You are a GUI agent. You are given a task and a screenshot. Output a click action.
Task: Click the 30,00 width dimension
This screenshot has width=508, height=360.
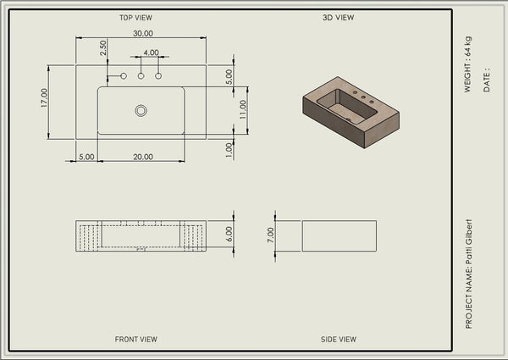[143, 33]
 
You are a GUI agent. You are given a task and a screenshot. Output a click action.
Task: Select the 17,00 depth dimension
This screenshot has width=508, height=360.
[44, 98]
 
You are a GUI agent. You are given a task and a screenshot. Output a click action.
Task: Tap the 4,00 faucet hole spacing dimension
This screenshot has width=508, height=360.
[151, 53]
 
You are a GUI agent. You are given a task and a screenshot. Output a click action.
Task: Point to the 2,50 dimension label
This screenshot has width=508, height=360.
[103, 47]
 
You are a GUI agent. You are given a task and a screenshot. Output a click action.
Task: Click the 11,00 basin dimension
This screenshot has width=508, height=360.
[243, 109]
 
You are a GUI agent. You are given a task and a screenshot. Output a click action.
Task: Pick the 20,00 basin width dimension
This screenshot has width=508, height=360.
[143, 157]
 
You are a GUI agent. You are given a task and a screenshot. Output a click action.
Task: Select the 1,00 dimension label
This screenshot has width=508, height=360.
[229, 150]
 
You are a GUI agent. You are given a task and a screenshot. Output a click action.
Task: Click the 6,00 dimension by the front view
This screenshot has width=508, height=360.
[229, 234]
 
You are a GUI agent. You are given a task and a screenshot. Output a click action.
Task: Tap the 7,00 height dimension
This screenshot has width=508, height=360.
[271, 235]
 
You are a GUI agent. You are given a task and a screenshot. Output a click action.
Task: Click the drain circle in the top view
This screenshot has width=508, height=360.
[141, 110]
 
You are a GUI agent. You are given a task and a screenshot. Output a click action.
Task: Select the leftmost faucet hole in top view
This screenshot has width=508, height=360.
[124, 76]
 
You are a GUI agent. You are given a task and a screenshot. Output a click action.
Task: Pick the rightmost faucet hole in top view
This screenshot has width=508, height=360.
[158, 76]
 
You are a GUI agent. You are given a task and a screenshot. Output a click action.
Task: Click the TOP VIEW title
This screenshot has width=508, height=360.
[135, 18]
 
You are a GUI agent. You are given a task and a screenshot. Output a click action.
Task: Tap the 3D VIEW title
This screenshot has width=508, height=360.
[338, 18]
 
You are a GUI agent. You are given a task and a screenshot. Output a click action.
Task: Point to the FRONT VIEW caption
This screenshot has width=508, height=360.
[135, 340]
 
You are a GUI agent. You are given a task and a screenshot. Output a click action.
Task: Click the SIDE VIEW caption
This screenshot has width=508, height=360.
[339, 340]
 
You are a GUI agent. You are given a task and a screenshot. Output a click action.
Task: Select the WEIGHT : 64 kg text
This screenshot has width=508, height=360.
[468, 64]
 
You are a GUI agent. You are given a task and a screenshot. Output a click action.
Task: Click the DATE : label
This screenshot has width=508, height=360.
[487, 80]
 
